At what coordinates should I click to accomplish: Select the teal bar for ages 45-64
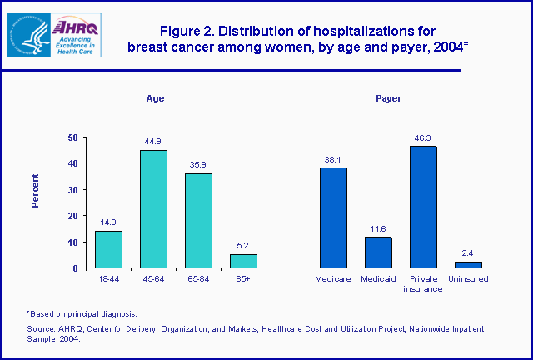click(153, 209)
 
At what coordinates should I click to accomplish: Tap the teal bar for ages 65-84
click(198, 221)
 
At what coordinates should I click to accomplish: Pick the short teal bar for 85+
click(243, 261)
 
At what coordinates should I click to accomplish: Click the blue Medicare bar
click(333, 217)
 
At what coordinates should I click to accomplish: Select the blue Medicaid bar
click(378, 252)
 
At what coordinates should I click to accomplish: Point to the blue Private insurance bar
click(423, 207)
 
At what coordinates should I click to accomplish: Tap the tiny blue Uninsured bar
click(468, 264)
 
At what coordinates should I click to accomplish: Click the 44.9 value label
click(153, 142)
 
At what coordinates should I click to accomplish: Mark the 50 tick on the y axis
click(72, 137)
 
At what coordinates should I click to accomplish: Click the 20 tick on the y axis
click(72, 216)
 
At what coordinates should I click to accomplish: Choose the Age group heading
click(155, 98)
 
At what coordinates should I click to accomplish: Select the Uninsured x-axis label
click(468, 278)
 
